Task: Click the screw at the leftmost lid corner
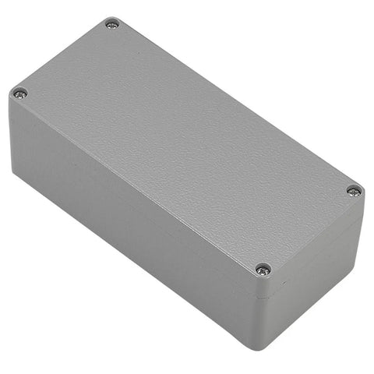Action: (x=20, y=93)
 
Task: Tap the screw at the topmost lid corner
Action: (x=113, y=24)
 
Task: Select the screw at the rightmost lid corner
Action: (x=354, y=190)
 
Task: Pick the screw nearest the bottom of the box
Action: (x=263, y=269)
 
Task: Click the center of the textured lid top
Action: (x=187, y=144)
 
